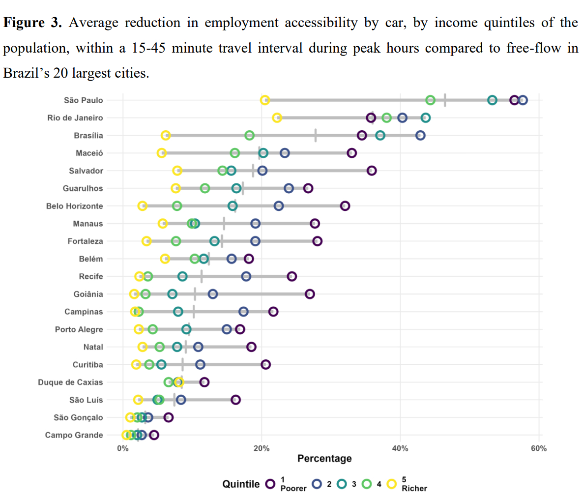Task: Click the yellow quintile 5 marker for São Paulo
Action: click(x=265, y=100)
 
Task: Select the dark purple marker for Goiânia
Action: click(x=310, y=294)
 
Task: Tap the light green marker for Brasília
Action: click(x=250, y=136)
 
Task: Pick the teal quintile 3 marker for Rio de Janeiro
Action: click(x=426, y=118)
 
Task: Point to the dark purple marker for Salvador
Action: click(x=372, y=171)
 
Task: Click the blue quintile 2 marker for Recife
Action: click(x=246, y=276)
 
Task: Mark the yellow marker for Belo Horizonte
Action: click(x=143, y=206)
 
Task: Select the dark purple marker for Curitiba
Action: click(x=266, y=364)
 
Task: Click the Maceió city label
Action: click(x=89, y=153)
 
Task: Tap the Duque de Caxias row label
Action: click(x=71, y=382)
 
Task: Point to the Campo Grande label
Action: click(x=74, y=435)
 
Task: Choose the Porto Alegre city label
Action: click(x=79, y=329)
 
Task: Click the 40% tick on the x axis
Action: click(x=400, y=448)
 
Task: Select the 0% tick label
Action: click(x=123, y=448)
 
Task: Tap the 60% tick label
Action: click(x=539, y=448)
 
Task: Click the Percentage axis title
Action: click(x=324, y=459)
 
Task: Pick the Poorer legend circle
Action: click(x=270, y=484)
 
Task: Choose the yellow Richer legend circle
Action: click(x=392, y=484)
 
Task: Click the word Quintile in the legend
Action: click(x=241, y=484)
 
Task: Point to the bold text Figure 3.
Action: click(x=32, y=23)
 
